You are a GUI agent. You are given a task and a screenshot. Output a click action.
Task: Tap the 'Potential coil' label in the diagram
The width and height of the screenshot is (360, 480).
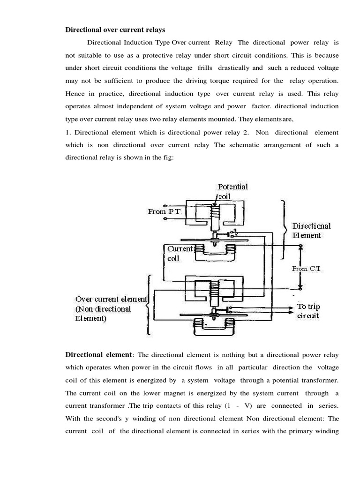pos(233,192)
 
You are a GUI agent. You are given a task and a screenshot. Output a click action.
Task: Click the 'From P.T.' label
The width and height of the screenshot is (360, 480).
pos(164,211)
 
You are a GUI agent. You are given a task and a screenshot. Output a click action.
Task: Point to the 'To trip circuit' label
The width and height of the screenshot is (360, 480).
pos(309,311)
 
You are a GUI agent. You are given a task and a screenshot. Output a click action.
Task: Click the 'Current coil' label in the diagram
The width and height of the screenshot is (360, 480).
pos(180,253)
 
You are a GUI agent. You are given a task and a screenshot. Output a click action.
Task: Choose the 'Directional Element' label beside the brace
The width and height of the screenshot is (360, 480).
pos(312,231)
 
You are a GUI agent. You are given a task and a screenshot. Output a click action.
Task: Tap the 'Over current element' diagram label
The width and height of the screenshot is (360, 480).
pos(112,299)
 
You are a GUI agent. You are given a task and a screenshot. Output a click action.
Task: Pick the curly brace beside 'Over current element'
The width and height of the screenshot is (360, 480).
pos(149,305)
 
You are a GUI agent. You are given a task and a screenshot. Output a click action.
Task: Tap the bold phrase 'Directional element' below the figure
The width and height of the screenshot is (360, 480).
pos(99,354)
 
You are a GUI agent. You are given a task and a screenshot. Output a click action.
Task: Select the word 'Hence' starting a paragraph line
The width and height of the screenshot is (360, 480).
pos(75,93)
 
